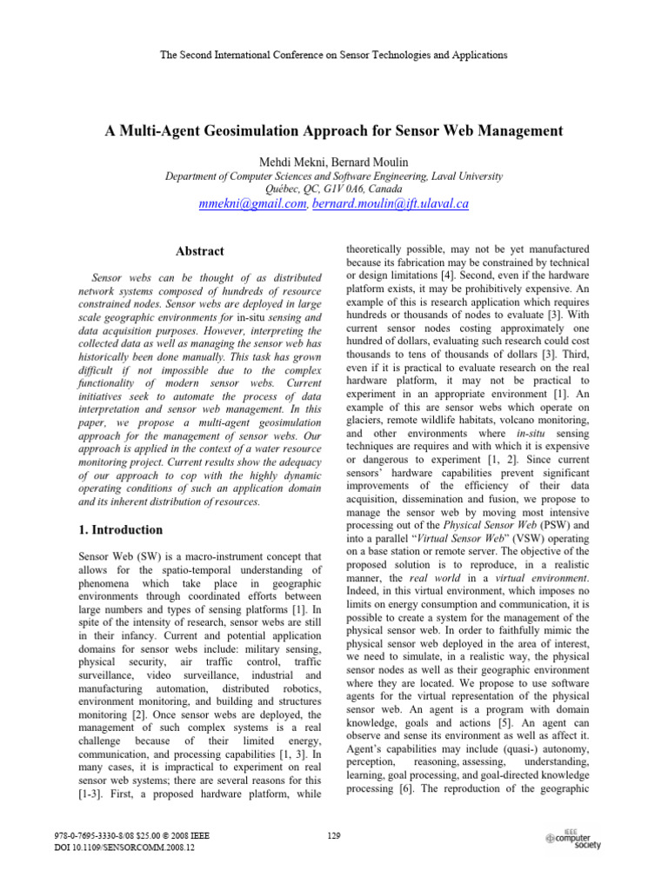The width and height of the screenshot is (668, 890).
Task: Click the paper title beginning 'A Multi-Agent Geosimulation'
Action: coord(334,131)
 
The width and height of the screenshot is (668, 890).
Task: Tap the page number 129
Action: coord(333,836)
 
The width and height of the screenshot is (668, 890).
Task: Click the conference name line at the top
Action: coord(334,55)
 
